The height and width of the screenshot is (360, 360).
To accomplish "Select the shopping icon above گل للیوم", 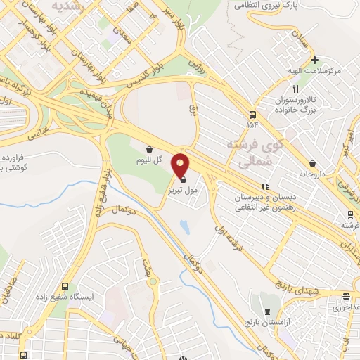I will [149, 149].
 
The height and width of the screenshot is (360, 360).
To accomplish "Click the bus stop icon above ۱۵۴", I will [252, 114].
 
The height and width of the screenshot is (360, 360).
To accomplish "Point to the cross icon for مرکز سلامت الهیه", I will [316, 60].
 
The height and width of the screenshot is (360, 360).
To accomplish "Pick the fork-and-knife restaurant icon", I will [296, 89].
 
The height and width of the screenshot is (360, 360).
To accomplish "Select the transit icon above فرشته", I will [350, 214].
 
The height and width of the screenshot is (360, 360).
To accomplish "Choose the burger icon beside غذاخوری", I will [345, 297].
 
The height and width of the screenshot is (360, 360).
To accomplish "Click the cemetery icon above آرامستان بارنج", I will [266, 310].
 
